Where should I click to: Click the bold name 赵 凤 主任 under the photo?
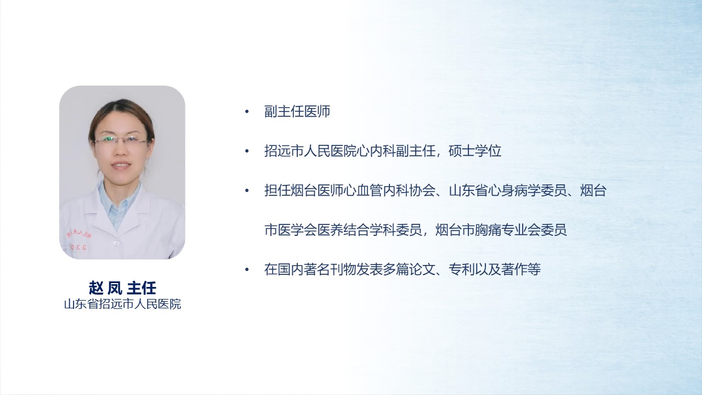tap(122, 288)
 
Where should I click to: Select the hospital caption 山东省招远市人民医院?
tap(122, 304)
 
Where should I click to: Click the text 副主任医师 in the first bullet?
tap(297, 111)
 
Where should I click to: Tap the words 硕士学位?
tap(475, 151)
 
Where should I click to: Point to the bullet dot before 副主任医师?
tap(247, 111)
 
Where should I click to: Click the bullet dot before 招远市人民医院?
tap(247, 151)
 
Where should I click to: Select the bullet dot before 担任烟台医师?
tap(247, 190)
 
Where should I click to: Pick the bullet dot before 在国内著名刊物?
tap(247, 269)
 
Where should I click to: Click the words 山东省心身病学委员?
tap(508, 190)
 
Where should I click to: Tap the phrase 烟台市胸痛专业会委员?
tap(501, 230)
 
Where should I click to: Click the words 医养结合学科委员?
tap(370, 230)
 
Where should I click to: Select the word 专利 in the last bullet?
tap(462, 269)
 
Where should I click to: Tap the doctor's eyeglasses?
tap(122, 140)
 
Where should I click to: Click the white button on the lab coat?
tap(116, 243)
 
